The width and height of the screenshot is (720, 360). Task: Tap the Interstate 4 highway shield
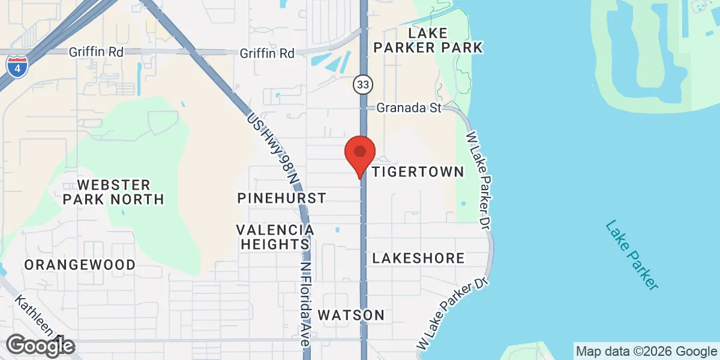(17, 67)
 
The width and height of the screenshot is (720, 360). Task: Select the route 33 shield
(361, 85)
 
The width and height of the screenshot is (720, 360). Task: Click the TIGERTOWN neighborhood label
(418, 172)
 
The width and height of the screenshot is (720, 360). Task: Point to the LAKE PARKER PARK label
(427, 39)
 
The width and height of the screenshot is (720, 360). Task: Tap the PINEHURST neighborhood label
(281, 198)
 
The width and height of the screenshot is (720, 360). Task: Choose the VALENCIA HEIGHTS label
(275, 237)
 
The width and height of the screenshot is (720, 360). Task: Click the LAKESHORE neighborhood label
(418, 259)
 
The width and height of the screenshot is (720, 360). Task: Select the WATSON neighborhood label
(351, 315)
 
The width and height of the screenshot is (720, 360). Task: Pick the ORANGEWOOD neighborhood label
(80, 265)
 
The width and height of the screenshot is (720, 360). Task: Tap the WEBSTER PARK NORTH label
(114, 191)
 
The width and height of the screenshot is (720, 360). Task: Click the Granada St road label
(409, 108)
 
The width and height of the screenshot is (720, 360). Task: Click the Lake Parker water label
(632, 256)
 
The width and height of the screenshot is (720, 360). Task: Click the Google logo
(41, 346)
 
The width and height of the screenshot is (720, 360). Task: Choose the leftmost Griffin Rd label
(96, 52)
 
